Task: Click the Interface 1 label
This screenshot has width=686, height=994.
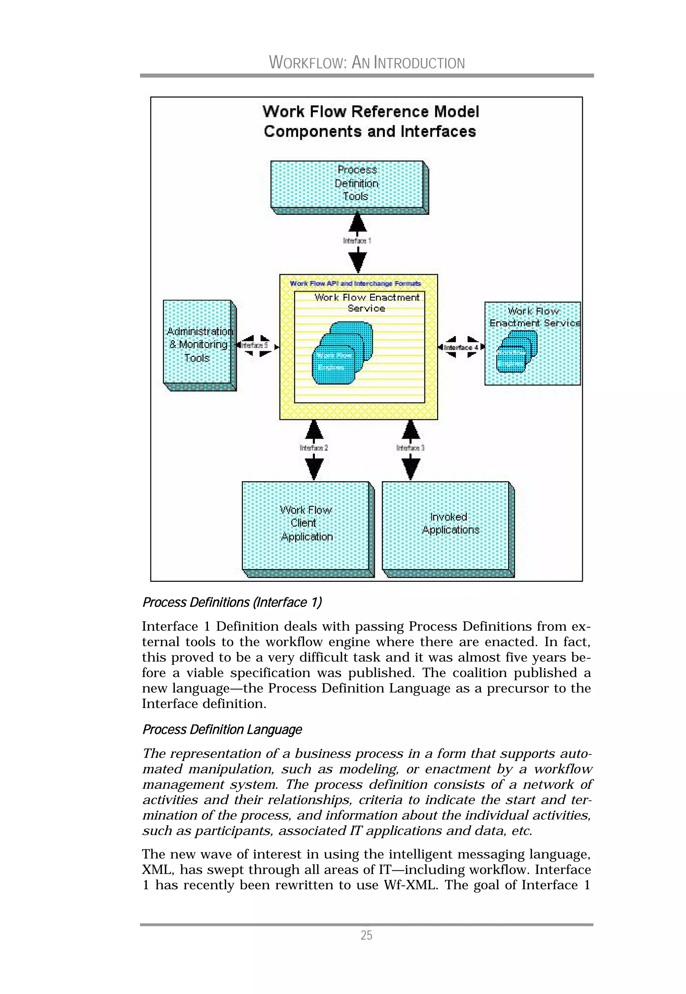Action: click(x=357, y=241)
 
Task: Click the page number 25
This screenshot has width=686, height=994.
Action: click(x=366, y=935)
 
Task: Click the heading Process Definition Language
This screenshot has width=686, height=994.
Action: click(x=222, y=730)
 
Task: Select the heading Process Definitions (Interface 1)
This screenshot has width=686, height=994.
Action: click(x=232, y=602)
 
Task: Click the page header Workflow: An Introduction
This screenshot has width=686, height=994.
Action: click(x=367, y=63)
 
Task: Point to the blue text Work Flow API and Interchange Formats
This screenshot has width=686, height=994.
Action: click(x=355, y=283)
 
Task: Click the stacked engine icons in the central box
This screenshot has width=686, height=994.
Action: click(x=342, y=353)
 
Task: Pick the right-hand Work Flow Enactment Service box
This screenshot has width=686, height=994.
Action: click(x=532, y=343)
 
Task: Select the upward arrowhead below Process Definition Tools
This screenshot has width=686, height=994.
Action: click(x=357, y=223)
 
